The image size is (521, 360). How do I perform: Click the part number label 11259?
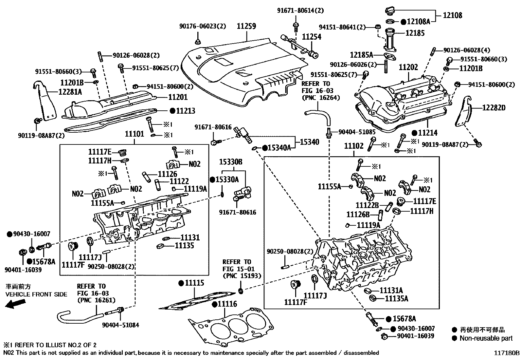click(x=246, y=27)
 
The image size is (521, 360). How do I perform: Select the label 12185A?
click(x=362, y=55)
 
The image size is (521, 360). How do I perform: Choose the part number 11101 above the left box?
click(x=134, y=134)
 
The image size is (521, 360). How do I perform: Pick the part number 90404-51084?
click(x=120, y=325)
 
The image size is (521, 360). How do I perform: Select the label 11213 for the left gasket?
click(x=185, y=111)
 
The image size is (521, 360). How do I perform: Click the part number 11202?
click(x=408, y=68)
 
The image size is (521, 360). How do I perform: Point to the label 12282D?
click(x=494, y=107)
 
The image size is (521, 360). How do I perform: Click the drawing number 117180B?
click(x=507, y=353)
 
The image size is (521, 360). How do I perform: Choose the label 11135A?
click(x=396, y=298)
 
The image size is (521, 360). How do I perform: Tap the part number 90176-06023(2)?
click(x=203, y=27)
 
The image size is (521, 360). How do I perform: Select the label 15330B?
click(x=231, y=162)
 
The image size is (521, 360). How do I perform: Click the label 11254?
click(x=312, y=37)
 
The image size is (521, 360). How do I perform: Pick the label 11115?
click(x=194, y=283)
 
